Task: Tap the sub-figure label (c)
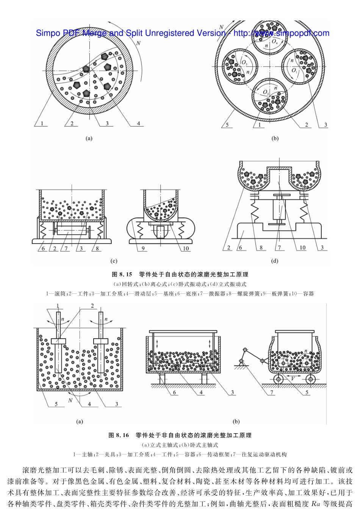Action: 113,261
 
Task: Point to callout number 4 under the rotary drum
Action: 139,123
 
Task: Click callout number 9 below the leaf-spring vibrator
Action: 143,248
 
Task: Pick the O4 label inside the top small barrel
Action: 274,42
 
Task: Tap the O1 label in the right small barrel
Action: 295,70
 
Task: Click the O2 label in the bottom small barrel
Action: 266,92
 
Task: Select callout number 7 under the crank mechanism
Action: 272,393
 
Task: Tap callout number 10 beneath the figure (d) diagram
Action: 302,248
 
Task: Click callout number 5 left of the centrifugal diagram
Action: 227,125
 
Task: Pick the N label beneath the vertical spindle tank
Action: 70,400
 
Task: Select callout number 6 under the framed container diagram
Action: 175,393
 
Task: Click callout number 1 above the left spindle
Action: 58,306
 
